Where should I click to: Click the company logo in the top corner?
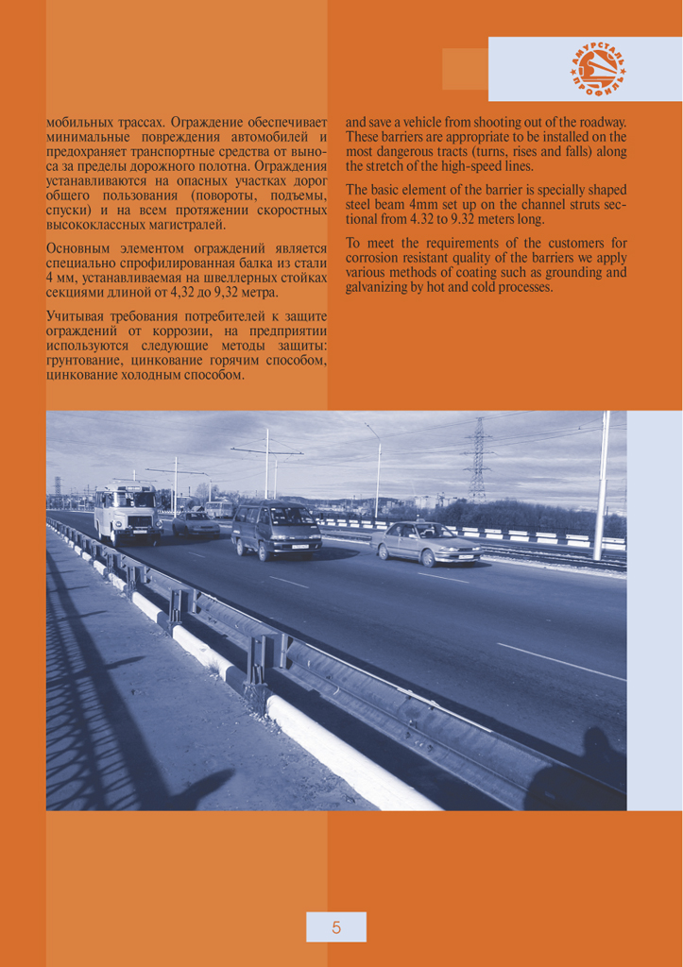click(598, 68)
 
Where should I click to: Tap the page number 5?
click(335, 927)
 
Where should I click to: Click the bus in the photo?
click(127, 513)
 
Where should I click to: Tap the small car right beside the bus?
click(195, 523)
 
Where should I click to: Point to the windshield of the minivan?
click(290, 517)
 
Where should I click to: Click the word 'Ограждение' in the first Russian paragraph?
click(210, 123)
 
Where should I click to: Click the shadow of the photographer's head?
click(599, 742)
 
